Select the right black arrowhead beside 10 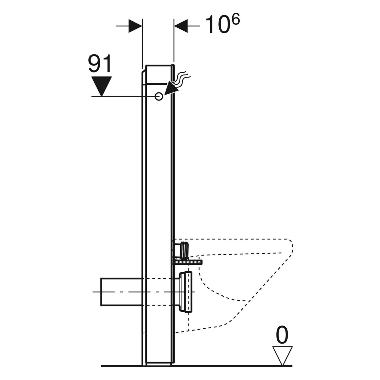[181, 26]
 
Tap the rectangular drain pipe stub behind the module [121, 292]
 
